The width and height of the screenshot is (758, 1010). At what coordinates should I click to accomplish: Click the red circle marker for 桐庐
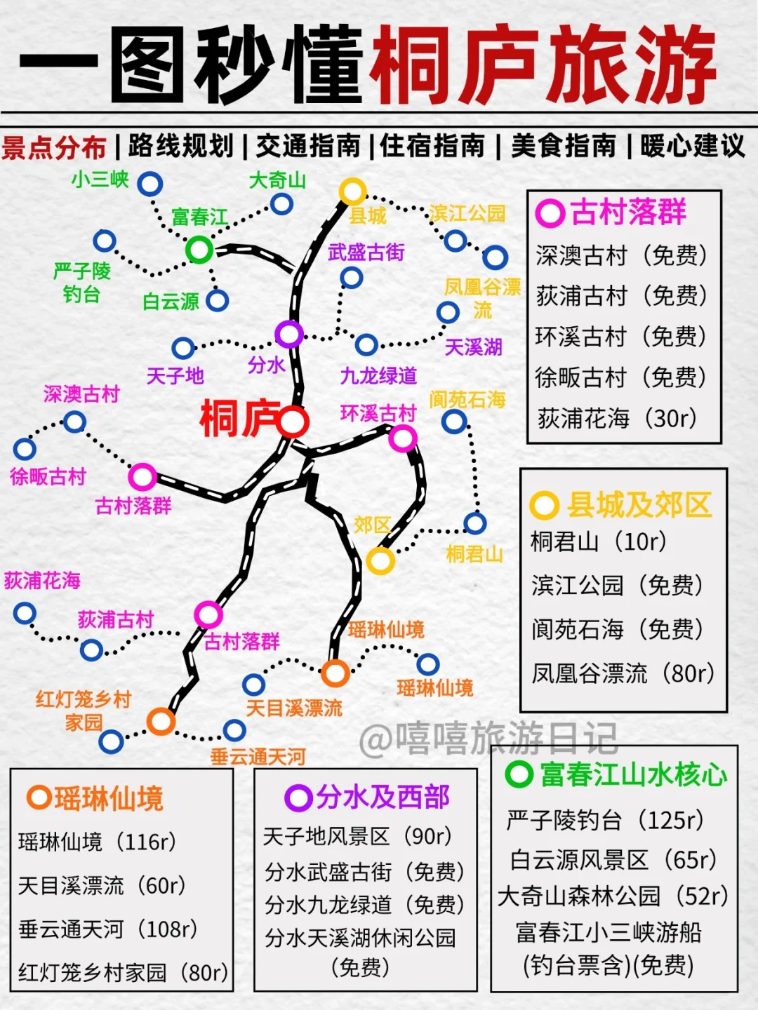(x=292, y=422)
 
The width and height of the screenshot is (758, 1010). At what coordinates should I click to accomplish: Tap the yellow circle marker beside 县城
(x=352, y=191)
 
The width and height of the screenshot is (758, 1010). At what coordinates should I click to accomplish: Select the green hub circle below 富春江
(x=199, y=249)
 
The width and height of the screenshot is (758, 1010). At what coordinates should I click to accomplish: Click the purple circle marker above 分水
(x=288, y=335)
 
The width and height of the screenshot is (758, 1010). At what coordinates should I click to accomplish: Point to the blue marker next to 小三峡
(x=149, y=184)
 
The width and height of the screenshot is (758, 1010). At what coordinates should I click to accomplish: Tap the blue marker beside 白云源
(x=217, y=301)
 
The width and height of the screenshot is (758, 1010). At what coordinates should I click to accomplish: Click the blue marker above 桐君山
(x=474, y=523)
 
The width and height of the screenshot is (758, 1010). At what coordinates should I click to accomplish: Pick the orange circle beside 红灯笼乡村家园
(x=161, y=721)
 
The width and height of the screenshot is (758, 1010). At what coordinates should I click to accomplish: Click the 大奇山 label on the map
(x=277, y=181)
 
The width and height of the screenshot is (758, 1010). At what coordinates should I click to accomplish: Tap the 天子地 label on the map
(x=175, y=377)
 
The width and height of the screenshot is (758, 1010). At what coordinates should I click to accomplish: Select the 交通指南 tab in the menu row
(x=308, y=147)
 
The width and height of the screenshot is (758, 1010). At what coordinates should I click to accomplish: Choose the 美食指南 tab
(x=564, y=147)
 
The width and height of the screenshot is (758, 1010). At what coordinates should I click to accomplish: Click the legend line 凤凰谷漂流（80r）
(x=622, y=673)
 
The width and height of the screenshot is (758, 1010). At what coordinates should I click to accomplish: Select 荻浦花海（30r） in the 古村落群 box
(x=616, y=419)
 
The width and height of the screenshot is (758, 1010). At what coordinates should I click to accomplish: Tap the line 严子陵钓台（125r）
(x=604, y=819)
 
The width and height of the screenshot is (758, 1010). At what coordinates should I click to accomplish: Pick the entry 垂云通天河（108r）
(x=107, y=929)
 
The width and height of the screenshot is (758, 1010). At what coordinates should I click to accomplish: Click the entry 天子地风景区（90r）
(x=357, y=836)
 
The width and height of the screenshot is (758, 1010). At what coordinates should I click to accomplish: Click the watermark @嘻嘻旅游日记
(x=488, y=738)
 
